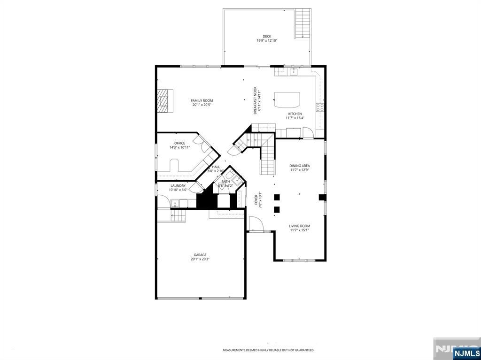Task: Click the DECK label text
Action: tap(267, 36)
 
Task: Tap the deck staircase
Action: tap(303, 23)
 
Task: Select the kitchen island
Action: tap(287, 100)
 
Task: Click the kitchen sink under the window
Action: tap(294, 72)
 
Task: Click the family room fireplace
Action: tap(164, 100)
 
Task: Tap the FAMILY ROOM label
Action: tap(202, 100)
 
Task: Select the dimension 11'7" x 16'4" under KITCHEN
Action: tap(295, 118)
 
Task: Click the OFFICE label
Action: tap(179, 143)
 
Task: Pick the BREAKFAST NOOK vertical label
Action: tap(255, 100)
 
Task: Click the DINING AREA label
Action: tap(299, 166)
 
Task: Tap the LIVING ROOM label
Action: tap(299, 226)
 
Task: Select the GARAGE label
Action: tap(200, 255)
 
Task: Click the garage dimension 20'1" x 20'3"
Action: tap(200, 259)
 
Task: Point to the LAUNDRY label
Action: tap(178, 185)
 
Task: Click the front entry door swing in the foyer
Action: tap(256, 224)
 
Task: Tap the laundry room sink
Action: tap(175, 203)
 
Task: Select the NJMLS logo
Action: tap(466, 353)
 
